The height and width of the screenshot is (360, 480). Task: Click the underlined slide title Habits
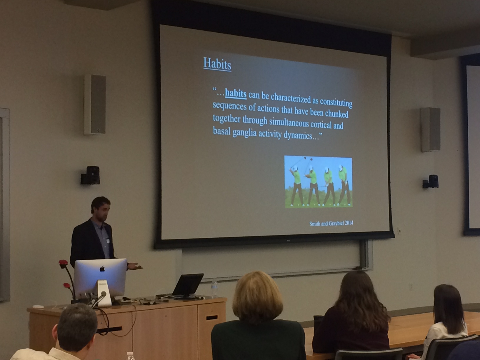[217, 64]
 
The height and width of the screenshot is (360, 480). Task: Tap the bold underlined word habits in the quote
[236, 94]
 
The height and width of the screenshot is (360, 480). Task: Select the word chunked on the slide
[336, 114]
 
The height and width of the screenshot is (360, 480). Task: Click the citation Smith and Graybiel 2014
[331, 224]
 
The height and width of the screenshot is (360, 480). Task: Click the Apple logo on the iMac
[102, 269]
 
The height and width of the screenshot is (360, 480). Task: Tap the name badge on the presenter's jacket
[108, 241]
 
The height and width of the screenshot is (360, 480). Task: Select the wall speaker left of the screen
[95, 104]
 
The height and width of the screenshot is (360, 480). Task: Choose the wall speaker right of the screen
[430, 129]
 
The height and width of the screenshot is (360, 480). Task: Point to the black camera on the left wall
[91, 175]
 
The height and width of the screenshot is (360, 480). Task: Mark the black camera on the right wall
[430, 181]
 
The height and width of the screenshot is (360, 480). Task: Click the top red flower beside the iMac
[63, 262]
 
